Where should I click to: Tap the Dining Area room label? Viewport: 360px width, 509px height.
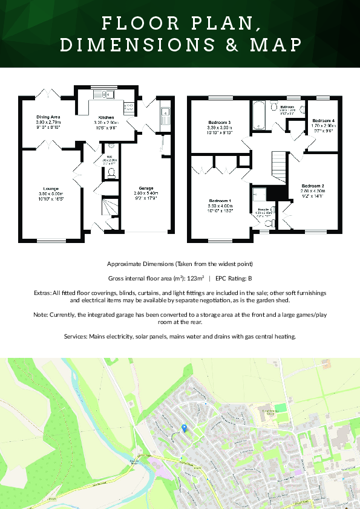(48, 117)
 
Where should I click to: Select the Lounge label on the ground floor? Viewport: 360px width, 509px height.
(51, 188)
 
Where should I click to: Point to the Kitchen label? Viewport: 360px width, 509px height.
(106, 117)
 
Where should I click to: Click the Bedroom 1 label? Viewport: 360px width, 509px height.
(220, 200)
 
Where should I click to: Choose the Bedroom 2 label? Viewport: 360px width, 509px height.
(313, 185)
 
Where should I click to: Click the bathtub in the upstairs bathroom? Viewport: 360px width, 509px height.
(259, 115)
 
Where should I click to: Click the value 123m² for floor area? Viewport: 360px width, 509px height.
(192, 279)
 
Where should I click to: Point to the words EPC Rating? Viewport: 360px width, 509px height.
(231, 279)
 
